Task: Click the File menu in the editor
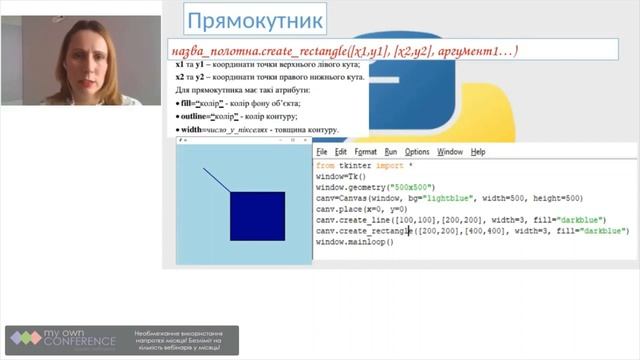click(322, 152)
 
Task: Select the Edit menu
click(341, 152)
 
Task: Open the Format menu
click(365, 152)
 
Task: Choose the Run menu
click(391, 152)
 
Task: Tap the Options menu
click(417, 152)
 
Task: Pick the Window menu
click(450, 152)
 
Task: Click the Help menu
click(478, 152)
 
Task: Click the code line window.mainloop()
click(355, 242)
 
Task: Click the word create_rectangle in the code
click(376, 231)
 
